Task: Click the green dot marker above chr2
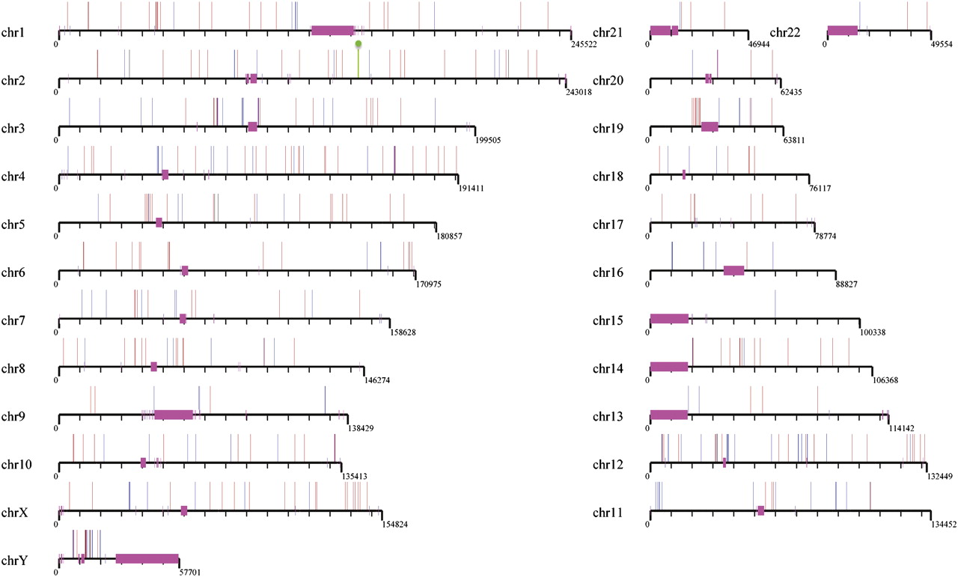tap(359, 45)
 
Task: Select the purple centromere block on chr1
tap(332, 31)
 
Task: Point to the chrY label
tap(14, 561)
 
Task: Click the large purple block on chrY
tap(147, 558)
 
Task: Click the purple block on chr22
tap(843, 31)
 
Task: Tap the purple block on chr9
tap(174, 415)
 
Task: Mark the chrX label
tap(14, 513)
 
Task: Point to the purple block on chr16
tap(734, 270)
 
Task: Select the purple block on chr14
tap(669, 367)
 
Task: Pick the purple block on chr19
tap(710, 126)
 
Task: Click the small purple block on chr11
tap(761, 510)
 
